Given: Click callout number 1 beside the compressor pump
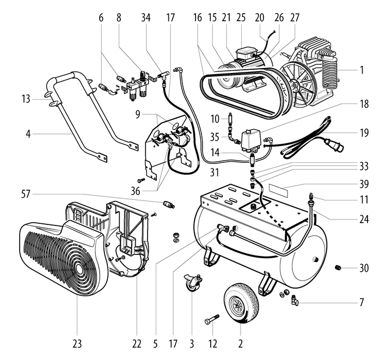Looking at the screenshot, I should point(361,70).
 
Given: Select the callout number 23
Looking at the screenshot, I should point(77,344).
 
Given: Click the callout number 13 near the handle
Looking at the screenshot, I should point(24,99).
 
